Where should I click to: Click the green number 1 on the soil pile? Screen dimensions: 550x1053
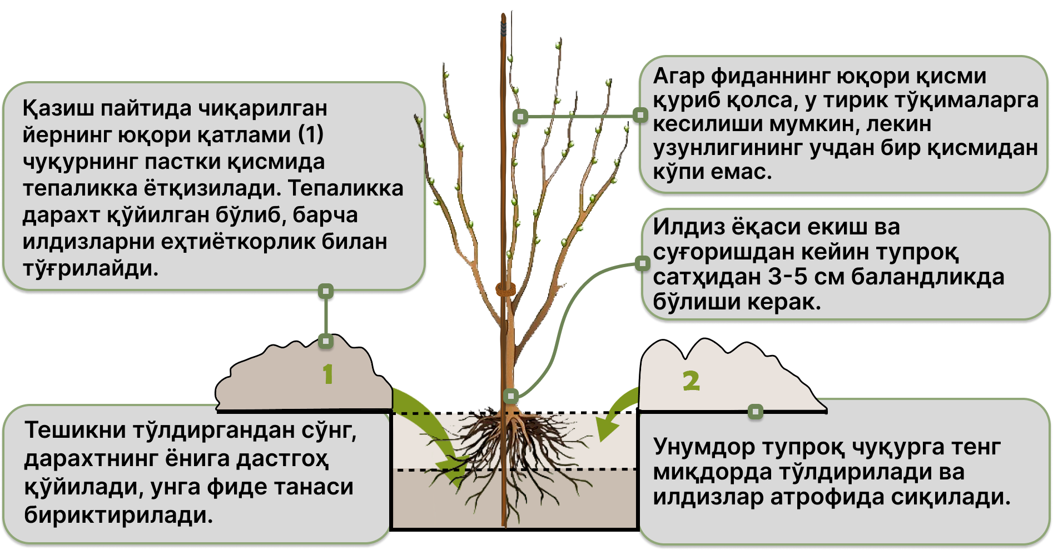click(328, 374)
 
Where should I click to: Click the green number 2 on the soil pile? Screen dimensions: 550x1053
click(691, 381)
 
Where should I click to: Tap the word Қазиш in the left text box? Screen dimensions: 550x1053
click(58, 108)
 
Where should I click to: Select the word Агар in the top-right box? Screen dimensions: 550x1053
click(678, 76)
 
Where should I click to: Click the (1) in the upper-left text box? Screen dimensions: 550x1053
click(310, 135)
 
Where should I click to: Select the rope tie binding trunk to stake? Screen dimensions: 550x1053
click(505, 289)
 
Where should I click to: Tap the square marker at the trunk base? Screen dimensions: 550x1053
click(511, 396)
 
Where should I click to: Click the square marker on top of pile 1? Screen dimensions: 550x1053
click(326, 341)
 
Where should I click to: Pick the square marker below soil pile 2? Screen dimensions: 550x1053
click(755, 412)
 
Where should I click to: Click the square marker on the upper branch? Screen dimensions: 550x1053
click(520, 116)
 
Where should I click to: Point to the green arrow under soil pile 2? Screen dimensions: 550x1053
click(614, 417)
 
